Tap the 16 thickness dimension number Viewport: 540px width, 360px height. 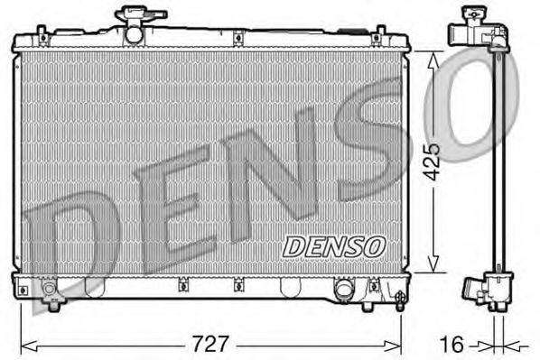pyautogui.click(x=454, y=345)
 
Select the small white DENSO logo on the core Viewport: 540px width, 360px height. pyautogui.click(x=334, y=245)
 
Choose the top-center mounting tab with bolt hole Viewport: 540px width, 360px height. pyautogui.click(x=237, y=37)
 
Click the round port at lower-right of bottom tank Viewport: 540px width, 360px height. pyautogui.click(x=344, y=289)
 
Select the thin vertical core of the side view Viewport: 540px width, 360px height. pyautogui.click(x=496, y=162)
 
